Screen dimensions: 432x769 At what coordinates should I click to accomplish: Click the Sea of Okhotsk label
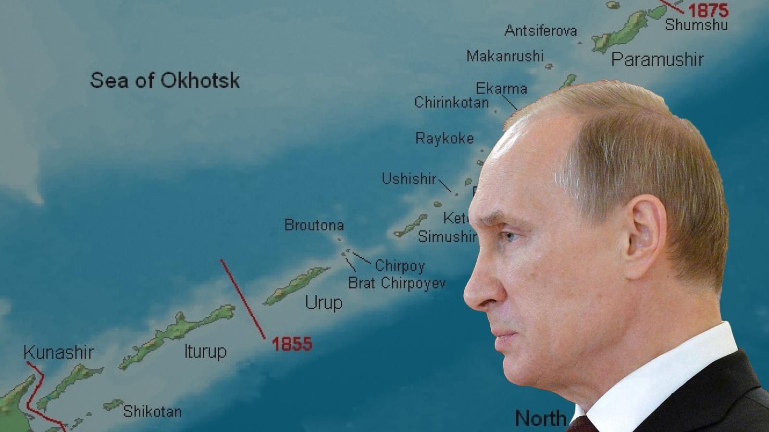[x=164, y=80]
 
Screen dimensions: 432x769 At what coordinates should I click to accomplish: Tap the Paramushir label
[x=657, y=60]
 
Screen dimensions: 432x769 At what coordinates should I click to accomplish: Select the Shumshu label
[x=696, y=24]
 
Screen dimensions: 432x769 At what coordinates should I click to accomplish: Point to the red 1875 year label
[x=708, y=10]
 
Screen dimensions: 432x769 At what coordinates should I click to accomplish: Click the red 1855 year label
[x=292, y=344]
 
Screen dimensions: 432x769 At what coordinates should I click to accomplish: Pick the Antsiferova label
[x=540, y=31]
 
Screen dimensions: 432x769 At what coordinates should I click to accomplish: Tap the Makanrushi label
[x=505, y=56]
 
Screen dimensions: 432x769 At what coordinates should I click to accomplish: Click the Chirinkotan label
[x=451, y=102]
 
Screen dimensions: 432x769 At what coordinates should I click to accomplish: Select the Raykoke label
[x=444, y=138]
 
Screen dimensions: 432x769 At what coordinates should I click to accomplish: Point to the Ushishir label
[x=409, y=179]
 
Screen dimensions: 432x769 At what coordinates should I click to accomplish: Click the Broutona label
[x=314, y=225]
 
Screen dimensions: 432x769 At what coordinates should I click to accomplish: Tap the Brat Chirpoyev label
[x=397, y=283]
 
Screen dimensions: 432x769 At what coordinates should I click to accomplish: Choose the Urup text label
[x=323, y=303]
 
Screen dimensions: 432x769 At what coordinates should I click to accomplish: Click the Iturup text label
[x=205, y=351]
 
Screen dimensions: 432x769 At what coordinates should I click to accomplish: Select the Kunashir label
[x=58, y=353]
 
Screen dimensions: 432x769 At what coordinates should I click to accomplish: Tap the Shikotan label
[x=152, y=411]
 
